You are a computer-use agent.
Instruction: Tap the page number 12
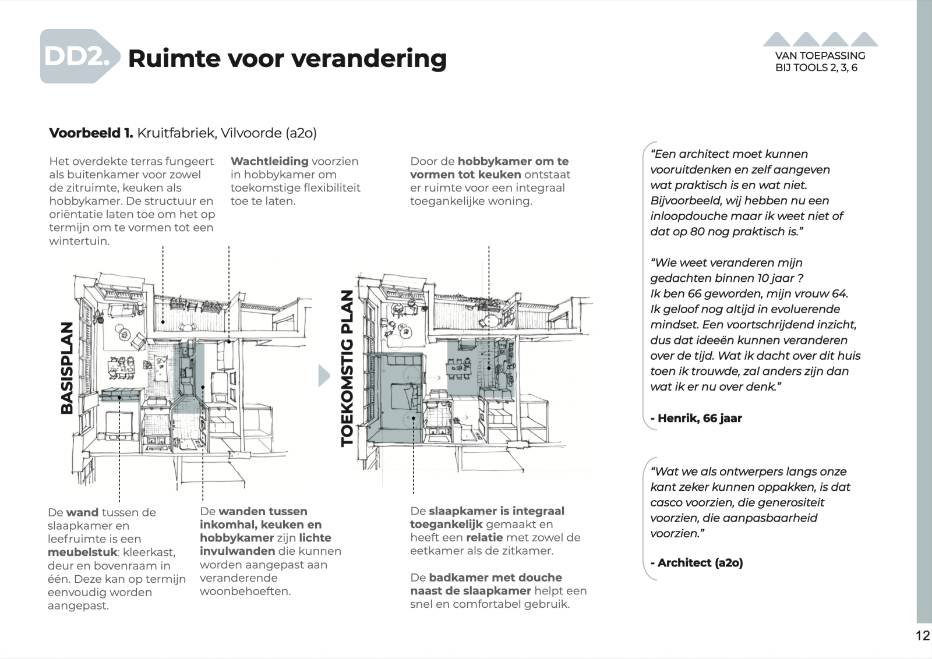click(923, 635)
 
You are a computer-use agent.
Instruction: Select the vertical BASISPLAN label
click(67, 367)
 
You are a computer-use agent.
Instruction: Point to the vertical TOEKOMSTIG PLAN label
click(347, 368)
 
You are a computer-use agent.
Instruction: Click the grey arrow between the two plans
click(324, 375)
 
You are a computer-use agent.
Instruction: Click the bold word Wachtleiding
click(269, 161)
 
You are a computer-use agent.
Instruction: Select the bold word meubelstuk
click(83, 552)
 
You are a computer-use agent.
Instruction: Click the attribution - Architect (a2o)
click(697, 562)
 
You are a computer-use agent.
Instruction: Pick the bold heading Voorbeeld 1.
click(91, 133)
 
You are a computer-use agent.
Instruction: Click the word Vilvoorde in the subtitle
click(251, 133)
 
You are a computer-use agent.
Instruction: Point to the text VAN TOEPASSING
click(820, 56)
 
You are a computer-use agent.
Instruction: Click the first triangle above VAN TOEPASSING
click(776, 39)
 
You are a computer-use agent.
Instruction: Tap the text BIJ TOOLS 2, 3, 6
click(816, 68)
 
